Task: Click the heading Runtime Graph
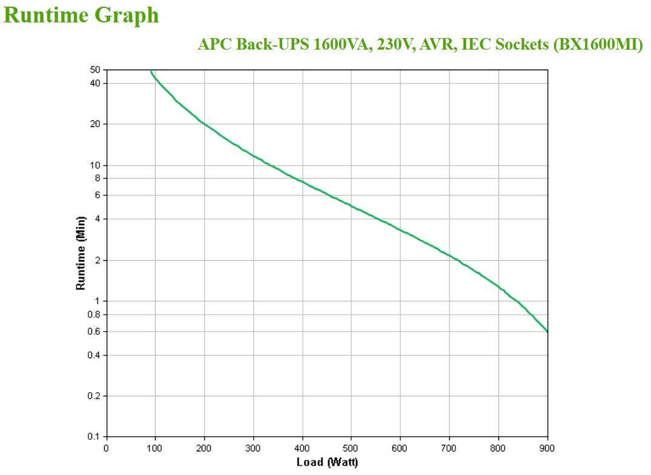coord(82,15)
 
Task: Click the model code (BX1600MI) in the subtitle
coord(598,45)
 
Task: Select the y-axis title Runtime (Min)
coord(81,253)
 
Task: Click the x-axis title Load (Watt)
coord(327,462)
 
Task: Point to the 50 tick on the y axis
coord(96,71)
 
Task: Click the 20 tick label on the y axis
coord(96,124)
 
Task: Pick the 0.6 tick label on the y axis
coord(94,332)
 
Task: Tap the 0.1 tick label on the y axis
coord(94,436)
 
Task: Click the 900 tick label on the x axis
coord(547,448)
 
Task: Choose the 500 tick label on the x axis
coord(351,448)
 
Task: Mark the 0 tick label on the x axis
coord(107,448)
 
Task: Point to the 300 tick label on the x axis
coord(253,448)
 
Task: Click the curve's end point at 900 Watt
coord(547,332)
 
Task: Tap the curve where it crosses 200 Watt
coord(204,123)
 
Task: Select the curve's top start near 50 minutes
coord(151,71)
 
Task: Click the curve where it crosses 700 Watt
coord(449,255)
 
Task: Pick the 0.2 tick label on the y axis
coord(94,396)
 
